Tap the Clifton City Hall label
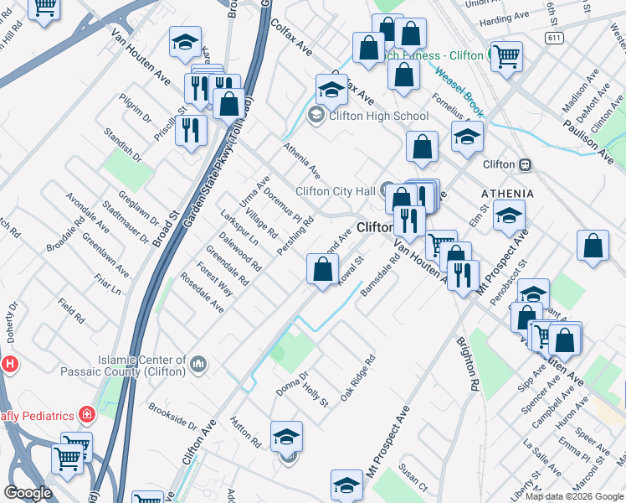pos(336,191)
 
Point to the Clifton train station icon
pos(526,164)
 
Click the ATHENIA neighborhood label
pos(507,194)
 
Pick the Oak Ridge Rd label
pos(357,379)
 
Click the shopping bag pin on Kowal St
pos(323,269)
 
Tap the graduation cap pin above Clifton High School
pos(331,89)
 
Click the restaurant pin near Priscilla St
pos(191,130)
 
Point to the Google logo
pos(28,493)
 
